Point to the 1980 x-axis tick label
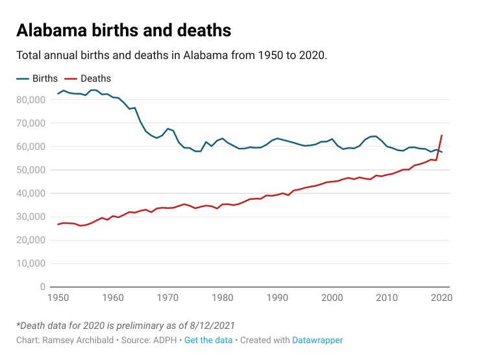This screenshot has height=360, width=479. click(x=222, y=298)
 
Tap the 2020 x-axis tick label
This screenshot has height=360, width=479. click(x=441, y=298)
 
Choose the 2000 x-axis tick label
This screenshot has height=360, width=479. click(x=332, y=298)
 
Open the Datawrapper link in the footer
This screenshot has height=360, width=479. click(x=317, y=340)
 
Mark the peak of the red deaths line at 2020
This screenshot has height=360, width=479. click(x=441, y=136)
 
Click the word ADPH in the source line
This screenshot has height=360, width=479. click(x=159, y=340)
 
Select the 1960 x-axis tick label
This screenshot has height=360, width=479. click(x=113, y=298)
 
